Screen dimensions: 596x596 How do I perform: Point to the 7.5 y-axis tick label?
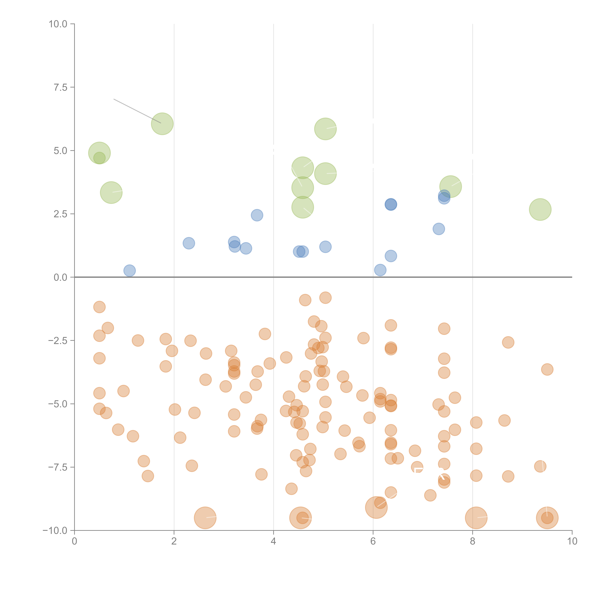60,87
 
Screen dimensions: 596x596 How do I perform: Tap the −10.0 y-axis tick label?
55,531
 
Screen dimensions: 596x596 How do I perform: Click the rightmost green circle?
540,209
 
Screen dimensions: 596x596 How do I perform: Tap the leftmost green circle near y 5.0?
99,153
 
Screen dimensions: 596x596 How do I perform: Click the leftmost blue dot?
130,271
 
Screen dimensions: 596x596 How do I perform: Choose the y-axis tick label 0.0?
60,277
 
